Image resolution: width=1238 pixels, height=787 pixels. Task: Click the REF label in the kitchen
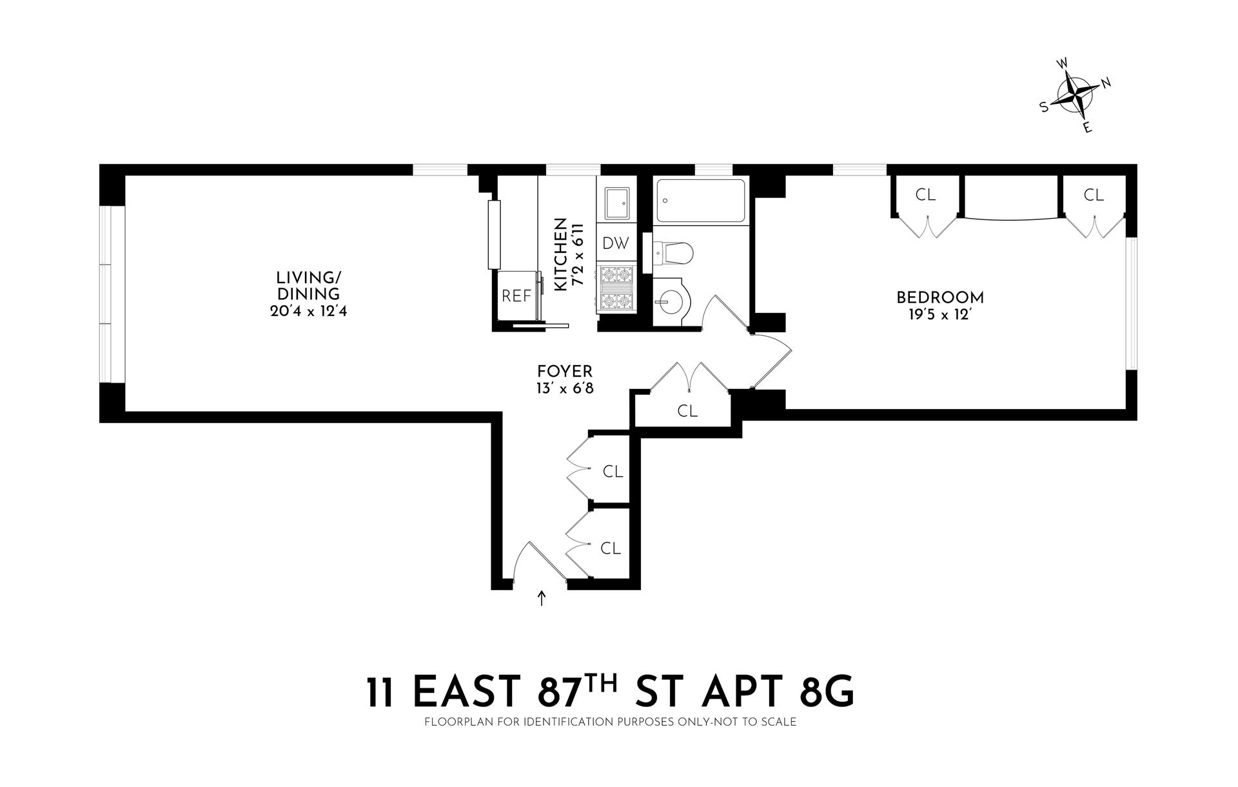[516, 296]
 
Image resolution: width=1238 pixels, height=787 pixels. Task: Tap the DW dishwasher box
[615, 243]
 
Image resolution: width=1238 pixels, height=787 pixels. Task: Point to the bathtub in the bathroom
[700, 200]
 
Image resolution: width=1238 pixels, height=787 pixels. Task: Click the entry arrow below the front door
[542, 599]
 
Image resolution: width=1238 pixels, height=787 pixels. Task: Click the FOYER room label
[564, 372]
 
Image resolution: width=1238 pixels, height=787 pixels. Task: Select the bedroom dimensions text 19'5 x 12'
[940, 316]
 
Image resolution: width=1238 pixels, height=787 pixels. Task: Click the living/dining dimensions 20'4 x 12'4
[309, 312]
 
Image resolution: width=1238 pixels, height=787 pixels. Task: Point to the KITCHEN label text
[560, 254]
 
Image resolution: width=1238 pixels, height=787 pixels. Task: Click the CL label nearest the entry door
[610, 548]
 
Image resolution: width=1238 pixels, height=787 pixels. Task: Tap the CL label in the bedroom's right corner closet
[1094, 195]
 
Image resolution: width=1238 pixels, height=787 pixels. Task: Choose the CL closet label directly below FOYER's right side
[687, 411]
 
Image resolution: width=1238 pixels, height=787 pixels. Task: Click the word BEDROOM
[940, 298]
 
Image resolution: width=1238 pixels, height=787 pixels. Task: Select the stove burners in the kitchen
[616, 288]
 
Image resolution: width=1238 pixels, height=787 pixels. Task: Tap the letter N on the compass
[1106, 83]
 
